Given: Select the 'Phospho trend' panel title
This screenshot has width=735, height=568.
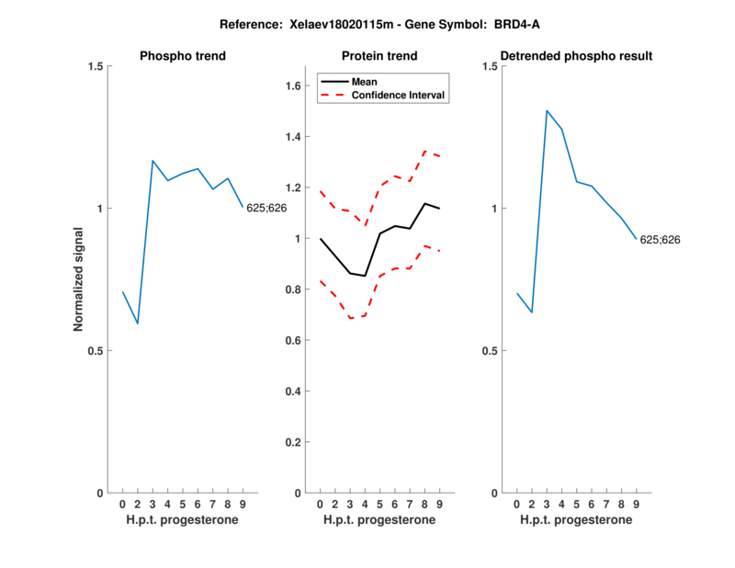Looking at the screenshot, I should point(183,56).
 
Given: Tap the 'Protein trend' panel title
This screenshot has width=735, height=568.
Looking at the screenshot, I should point(379,56).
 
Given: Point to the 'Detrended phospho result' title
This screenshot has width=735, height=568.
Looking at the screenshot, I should point(576,56).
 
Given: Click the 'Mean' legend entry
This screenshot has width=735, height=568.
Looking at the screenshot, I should point(364,82).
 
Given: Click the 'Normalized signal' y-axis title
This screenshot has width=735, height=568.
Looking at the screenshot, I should point(79,279).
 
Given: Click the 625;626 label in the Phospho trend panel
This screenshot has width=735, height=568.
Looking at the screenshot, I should point(266,208).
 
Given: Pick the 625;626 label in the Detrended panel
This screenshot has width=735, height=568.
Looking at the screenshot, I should point(660,240).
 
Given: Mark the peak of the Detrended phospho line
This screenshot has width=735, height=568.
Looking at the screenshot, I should point(547,110).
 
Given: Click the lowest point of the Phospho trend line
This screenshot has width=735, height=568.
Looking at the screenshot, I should point(138,324).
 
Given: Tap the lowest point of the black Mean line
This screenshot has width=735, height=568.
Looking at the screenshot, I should point(365,276).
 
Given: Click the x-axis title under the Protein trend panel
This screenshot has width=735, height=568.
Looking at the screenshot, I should point(379,520).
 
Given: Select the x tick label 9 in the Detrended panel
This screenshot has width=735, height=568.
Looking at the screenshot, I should point(636,504).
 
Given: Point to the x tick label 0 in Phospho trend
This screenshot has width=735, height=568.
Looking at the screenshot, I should point(122,504).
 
